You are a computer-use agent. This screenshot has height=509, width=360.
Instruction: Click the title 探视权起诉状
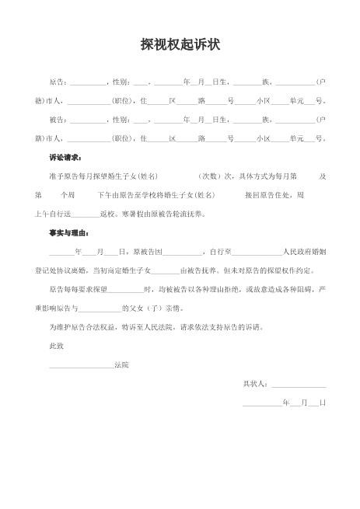[x=180, y=45]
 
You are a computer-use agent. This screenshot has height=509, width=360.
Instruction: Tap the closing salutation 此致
[x=56, y=345]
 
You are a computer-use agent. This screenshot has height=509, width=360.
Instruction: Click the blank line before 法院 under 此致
[x=81, y=364]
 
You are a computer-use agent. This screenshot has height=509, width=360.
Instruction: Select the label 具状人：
[x=256, y=383]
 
